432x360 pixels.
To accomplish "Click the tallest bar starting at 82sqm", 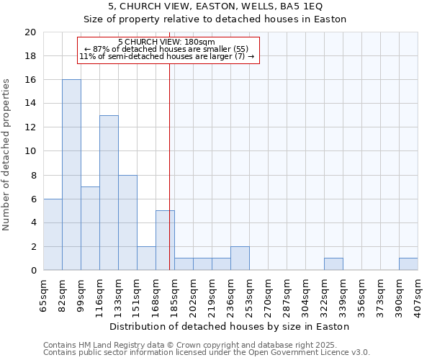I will [x=71, y=175].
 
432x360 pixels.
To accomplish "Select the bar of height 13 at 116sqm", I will [x=109, y=193].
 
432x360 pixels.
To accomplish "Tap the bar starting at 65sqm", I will [x=53, y=235].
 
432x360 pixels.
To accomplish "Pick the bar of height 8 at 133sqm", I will [x=127, y=222].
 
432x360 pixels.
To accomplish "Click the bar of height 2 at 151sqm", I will [x=146, y=258].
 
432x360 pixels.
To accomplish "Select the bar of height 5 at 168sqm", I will [x=165, y=240].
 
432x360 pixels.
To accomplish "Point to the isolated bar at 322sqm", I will [x=333, y=264].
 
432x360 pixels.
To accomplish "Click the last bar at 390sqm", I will [x=408, y=264].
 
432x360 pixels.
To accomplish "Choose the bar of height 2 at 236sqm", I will [x=240, y=258].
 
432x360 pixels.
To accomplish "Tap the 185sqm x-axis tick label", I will [x=174, y=294].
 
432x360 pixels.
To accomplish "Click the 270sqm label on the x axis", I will [x=268, y=294].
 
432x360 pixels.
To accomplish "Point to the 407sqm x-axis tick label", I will [x=418, y=294].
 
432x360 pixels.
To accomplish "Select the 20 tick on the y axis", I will [x=30, y=32].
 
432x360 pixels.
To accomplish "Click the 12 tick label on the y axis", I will [x=30, y=127].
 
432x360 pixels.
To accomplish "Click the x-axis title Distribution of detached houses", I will [x=230, y=326].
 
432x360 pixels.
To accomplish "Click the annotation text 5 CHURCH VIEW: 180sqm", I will [x=166, y=42].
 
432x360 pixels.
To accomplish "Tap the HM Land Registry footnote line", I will [x=206, y=345].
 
